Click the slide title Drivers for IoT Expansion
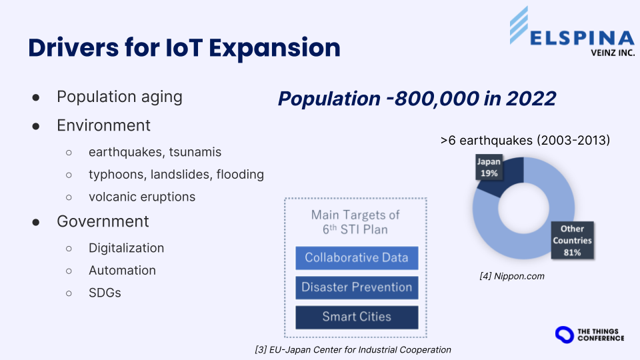[184, 48]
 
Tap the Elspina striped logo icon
[519, 25]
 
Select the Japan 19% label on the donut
[489, 167]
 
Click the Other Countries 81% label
[572, 241]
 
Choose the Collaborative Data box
[357, 257]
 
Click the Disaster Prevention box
[357, 287]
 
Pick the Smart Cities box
[357, 317]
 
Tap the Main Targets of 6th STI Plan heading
[355, 222]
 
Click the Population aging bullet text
[119, 97]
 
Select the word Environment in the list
[104, 125]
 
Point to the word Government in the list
[103, 221]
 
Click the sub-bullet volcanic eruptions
[142, 197]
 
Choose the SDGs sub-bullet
[105, 293]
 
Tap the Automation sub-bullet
[123, 270]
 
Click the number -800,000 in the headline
[433, 99]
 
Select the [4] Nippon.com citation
[512, 276]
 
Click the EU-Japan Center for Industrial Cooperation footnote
[353, 350]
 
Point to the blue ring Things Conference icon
[565, 335]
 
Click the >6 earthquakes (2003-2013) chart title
[525, 141]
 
